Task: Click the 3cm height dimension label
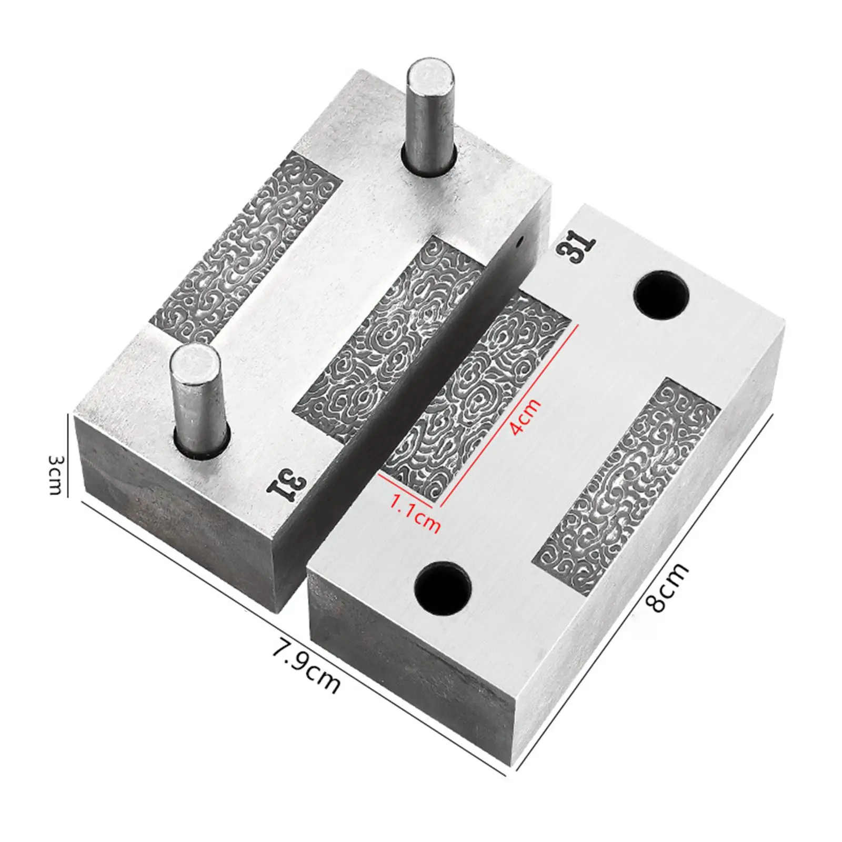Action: (x=56, y=475)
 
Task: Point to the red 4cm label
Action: (x=525, y=416)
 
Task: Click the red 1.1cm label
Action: (x=415, y=512)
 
